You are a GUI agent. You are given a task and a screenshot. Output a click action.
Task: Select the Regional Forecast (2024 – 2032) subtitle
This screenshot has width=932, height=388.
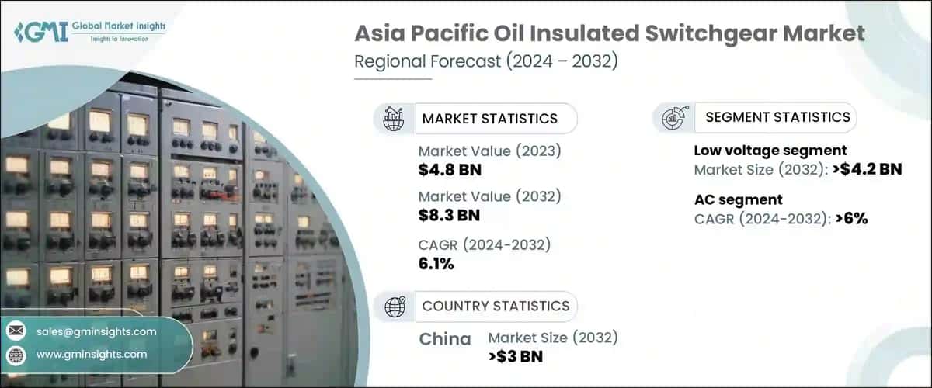486,61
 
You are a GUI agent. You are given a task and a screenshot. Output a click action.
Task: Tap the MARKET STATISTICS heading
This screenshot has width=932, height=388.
489,119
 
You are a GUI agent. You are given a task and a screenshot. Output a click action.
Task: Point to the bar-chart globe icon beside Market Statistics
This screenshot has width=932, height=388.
394,119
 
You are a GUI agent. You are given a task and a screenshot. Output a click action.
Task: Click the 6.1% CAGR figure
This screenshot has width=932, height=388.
436,264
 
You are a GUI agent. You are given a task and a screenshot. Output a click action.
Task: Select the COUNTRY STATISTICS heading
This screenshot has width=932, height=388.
496,306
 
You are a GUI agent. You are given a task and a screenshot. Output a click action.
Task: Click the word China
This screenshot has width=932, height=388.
445,339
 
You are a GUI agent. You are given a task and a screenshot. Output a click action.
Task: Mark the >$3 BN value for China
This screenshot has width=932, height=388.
516,356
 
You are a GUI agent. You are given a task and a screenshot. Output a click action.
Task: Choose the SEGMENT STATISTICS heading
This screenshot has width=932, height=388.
777,117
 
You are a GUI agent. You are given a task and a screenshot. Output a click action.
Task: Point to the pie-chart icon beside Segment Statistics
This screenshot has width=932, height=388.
672,118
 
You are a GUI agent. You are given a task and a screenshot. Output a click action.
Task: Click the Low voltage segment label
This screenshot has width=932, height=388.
770,151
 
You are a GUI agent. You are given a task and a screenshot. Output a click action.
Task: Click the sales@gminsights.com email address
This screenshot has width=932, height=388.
96,331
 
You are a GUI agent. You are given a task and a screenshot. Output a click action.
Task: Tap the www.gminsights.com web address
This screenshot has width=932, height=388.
92,354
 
